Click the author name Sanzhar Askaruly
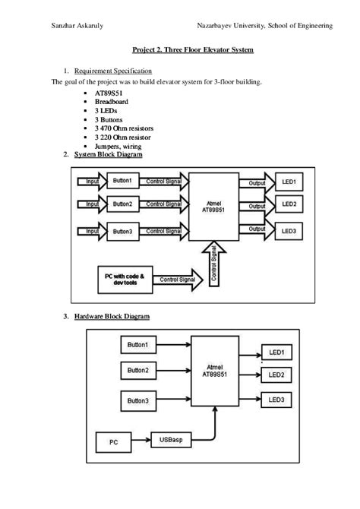pyautogui.click(x=77, y=26)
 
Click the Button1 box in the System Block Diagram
pyautogui.click(x=122, y=182)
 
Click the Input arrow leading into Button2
pyautogui.click(x=92, y=204)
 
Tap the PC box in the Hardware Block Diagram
pyautogui.click(x=113, y=441)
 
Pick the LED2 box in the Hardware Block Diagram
pyautogui.click(x=276, y=375)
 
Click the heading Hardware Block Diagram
pyautogui.click(x=112, y=315)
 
